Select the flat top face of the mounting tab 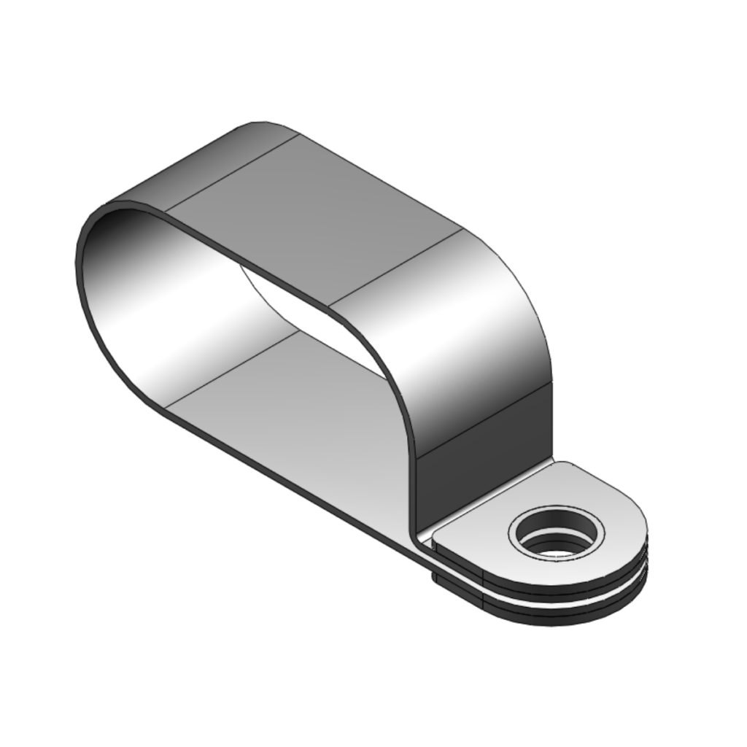pos(481,511)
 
